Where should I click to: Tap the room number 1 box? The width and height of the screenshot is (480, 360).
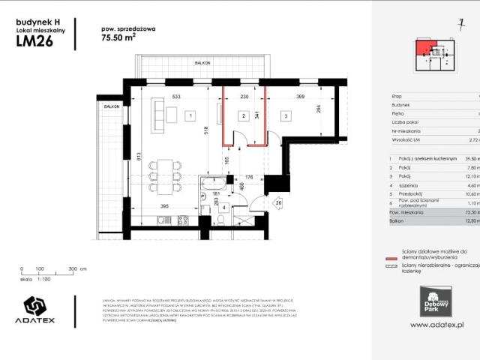(191, 115)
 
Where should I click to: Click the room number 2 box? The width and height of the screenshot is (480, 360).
(243, 115)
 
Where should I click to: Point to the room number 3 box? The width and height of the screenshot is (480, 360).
(286, 115)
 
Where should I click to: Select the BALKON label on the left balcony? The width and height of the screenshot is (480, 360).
(112, 107)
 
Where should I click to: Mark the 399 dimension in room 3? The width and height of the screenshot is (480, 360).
(299, 97)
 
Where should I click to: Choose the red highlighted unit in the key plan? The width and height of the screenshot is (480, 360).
(427, 49)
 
